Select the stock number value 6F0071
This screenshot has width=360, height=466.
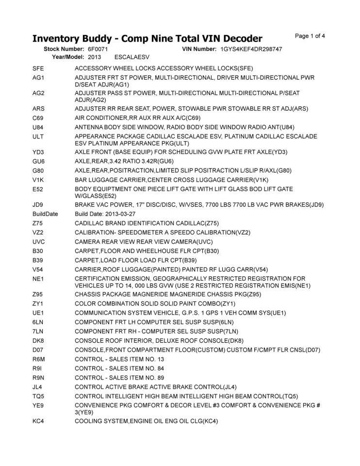[x=98, y=50]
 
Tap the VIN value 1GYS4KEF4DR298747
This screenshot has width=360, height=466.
[x=251, y=50]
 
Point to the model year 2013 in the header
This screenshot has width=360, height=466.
[x=94, y=57]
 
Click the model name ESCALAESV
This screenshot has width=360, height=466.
[x=130, y=57]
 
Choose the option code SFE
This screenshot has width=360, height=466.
[x=38, y=68]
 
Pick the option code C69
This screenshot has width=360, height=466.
[x=38, y=118]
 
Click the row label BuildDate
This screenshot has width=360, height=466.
[x=45, y=214]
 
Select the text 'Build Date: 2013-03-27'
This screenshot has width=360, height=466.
[x=105, y=214]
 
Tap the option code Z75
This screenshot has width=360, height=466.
[x=38, y=223]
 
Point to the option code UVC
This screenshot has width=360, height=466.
[x=39, y=241]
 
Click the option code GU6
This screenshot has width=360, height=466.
[x=39, y=161]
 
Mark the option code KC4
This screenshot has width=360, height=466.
[x=39, y=421]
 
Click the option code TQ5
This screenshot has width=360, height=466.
[x=39, y=396]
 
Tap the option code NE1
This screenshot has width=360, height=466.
[x=38, y=278]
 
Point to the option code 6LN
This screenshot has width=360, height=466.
[x=39, y=322]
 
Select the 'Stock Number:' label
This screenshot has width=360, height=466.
[x=65, y=50]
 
